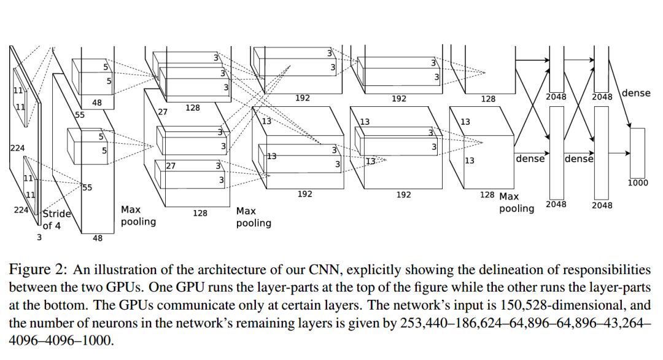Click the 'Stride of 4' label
(57, 219)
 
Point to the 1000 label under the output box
(638, 182)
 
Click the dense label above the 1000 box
(636, 93)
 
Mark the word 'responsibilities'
(603, 270)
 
